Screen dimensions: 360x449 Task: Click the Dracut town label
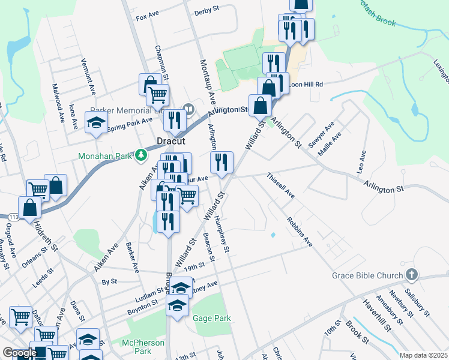point(169,141)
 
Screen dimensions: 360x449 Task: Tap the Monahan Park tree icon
point(141,156)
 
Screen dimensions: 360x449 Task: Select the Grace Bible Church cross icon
point(411,275)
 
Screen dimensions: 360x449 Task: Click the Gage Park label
point(211,318)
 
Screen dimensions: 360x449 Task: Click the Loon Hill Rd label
point(306,85)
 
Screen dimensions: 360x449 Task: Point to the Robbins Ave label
point(300,232)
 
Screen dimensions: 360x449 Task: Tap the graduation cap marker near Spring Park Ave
point(95,122)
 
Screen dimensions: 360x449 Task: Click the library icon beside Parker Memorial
point(188,109)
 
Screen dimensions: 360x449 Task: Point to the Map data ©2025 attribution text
point(423,355)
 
